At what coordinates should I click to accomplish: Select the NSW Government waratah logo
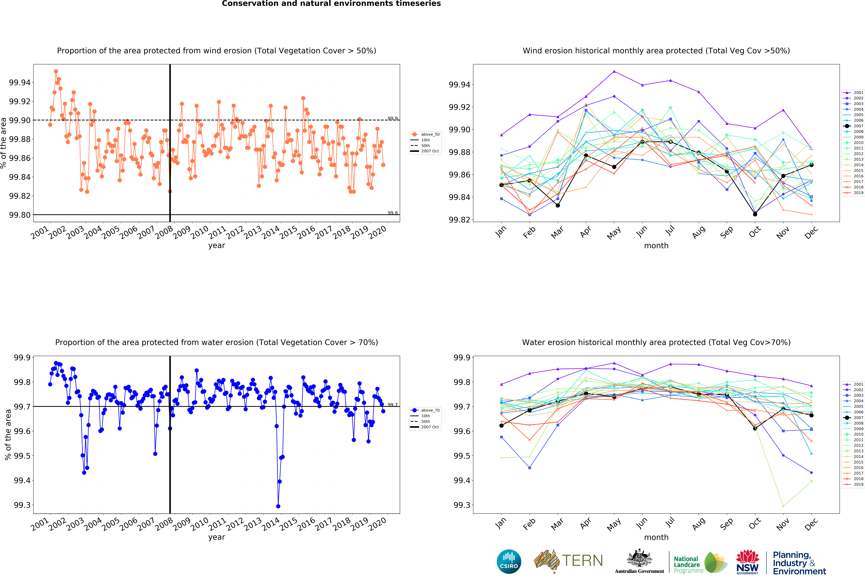point(747,562)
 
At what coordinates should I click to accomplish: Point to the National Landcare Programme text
point(689,565)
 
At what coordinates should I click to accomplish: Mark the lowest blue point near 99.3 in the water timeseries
point(278,506)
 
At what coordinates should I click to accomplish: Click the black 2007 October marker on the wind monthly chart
point(755,214)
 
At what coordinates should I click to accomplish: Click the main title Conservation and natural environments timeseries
point(331,4)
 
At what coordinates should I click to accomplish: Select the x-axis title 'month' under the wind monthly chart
point(656,246)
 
